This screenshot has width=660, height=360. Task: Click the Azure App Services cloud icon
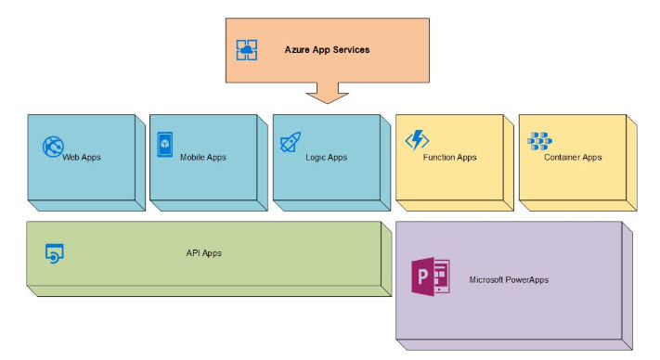(x=246, y=50)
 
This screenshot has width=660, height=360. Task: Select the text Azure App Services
(x=327, y=49)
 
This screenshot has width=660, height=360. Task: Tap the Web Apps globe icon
(x=53, y=147)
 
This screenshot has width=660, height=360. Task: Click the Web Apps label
(x=82, y=158)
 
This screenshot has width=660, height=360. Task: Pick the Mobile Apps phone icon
(x=165, y=143)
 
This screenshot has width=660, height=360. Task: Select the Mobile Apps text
(x=203, y=158)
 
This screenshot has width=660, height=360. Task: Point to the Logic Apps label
(x=326, y=158)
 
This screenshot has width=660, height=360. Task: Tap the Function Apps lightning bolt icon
(x=416, y=141)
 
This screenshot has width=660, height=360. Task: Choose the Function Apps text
(x=449, y=158)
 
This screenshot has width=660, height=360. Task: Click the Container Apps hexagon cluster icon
(x=539, y=141)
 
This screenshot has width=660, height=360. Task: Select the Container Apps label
(x=573, y=158)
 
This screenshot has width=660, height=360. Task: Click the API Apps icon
(x=54, y=251)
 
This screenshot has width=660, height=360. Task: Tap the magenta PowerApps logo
(x=431, y=278)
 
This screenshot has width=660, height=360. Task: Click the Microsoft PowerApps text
(x=509, y=279)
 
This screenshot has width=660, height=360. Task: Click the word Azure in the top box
(x=298, y=49)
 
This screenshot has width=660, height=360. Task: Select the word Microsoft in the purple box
(x=489, y=279)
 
